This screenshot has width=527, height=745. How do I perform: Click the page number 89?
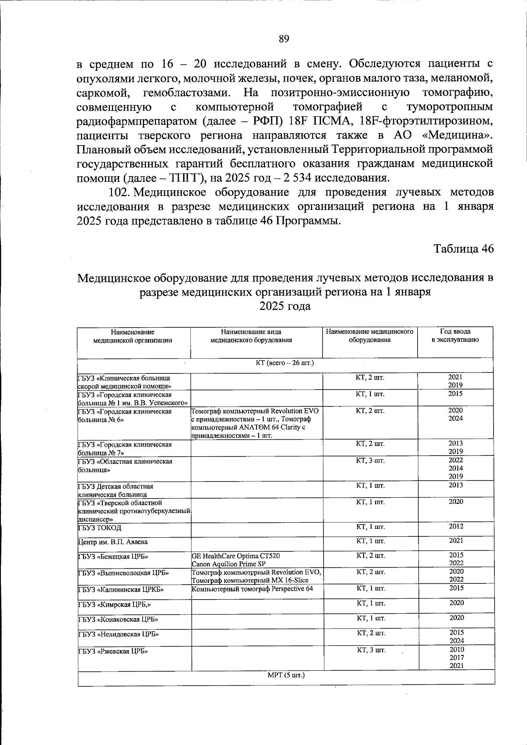pyautogui.click(x=284, y=39)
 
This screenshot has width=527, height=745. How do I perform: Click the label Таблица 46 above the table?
pyautogui.click(x=464, y=249)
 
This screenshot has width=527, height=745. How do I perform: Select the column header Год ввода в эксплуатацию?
pyautogui.click(x=455, y=336)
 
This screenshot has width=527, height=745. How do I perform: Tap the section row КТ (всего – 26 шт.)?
pyautogui.click(x=285, y=363)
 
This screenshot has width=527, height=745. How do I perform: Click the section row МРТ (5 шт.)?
pyautogui.click(x=286, y=675)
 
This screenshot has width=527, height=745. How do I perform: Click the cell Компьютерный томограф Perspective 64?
pyautogui.click(x=253, y=589)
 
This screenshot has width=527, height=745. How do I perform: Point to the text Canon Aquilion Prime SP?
pyautogui.click(x=228, y=564)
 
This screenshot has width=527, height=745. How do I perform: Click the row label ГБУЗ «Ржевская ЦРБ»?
pyautogui.click(x=113, y=651)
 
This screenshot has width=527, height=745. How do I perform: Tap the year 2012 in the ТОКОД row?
pyautogui.click(x=455, y=526)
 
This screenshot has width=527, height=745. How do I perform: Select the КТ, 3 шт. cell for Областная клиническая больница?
pyautogui.click(x=370, y=460)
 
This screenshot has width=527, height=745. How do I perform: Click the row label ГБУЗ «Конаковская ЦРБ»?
pyautogui.click(x=118, y=620)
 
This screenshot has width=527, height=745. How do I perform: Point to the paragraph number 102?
pyautogui.click(x=119, y=192)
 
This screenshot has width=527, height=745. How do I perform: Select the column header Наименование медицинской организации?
pyautogui.click(x=133, y=336)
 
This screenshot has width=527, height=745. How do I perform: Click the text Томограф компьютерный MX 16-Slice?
pyautogui.click(x=250, y=581)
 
